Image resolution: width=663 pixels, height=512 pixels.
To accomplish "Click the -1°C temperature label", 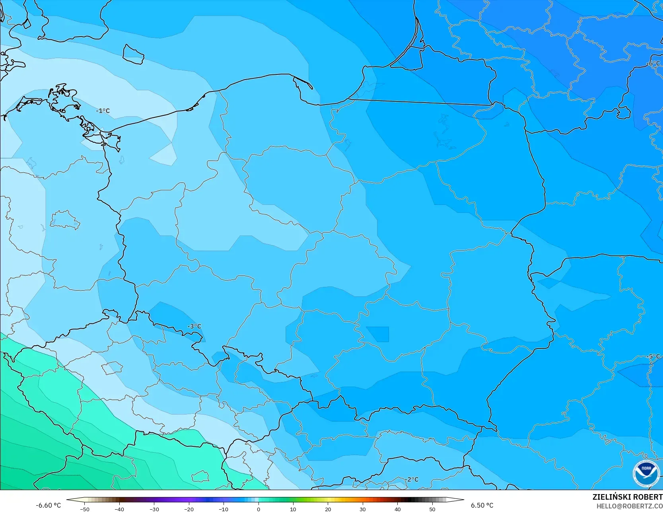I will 103,111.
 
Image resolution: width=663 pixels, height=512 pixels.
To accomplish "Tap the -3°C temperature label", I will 194,326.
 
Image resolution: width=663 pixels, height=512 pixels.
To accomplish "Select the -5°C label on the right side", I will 653,356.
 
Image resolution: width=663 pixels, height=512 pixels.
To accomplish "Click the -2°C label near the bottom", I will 412,479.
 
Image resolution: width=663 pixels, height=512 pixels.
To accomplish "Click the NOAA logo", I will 646,473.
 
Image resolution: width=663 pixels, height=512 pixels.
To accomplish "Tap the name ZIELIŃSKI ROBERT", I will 627,497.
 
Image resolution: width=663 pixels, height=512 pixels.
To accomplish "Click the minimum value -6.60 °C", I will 49,505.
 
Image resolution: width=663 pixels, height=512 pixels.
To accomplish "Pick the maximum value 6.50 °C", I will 482,505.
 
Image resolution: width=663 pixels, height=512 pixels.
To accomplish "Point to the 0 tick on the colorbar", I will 258,509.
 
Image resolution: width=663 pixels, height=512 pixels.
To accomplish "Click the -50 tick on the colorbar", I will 85,509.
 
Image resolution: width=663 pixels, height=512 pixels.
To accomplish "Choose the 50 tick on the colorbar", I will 432,509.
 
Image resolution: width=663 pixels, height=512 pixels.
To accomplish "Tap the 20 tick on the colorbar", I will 328,509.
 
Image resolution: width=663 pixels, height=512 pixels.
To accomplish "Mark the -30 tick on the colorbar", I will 154,509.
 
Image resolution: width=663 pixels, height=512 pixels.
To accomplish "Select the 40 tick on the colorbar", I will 397,509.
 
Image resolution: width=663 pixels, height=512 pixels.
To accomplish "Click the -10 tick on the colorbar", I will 224,509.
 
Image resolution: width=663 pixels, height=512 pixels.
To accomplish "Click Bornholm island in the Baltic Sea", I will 133,54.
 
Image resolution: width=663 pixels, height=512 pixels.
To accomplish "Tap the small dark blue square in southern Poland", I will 377,334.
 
